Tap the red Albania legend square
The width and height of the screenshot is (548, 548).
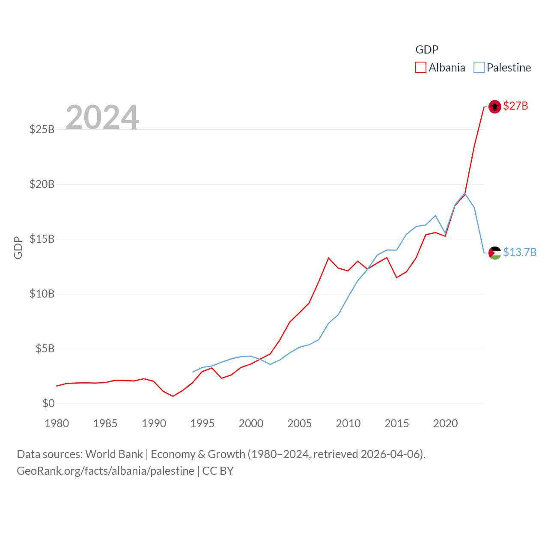[421, 68]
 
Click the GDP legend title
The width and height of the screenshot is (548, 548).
[427, 50]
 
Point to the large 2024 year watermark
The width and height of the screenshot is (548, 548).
[102, 117]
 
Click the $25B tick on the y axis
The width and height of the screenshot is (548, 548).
[42, 129]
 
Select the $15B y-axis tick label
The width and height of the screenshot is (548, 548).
[42, 239]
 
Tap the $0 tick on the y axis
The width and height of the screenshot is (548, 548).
[48, 403]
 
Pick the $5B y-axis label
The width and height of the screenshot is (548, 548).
[45, 348]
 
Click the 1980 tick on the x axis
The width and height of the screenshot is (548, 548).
[57, 423]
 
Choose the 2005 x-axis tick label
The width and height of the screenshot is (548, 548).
[300, 423]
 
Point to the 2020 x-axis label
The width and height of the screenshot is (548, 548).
[445, 423]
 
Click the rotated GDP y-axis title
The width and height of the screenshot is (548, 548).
[18, 247]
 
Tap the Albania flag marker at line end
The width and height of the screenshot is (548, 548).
[494, 107]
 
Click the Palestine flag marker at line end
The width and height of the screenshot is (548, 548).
[494, 253]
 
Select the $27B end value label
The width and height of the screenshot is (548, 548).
[515, 106]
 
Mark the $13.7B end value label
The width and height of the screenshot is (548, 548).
[520, 252]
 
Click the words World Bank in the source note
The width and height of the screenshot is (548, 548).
[114, 454]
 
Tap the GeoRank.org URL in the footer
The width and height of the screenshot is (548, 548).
[105, 471]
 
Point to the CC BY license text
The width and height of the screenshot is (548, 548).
[218, 471]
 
